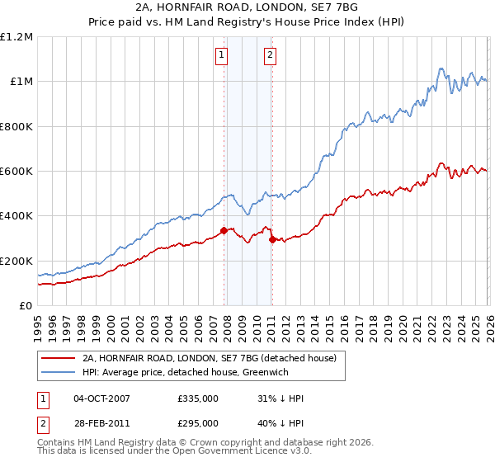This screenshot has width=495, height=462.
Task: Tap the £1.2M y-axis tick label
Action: pyautogui.click(x=16, y=37)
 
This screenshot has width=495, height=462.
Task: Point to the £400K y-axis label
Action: pyautogui.click(x=16, y=216)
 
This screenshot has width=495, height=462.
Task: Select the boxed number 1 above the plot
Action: pyautogui.click(x=222, y=55)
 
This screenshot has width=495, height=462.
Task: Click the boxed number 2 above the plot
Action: pyautogui.click(x=271, y=55)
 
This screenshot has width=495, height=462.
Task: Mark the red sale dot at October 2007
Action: pyautogui.click(x=223, y=231)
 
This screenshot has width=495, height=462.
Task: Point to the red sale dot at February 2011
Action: pyautogui.click(x=272, y=239)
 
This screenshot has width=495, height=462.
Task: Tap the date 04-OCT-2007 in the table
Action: pyautogui.click(x=101, y=398)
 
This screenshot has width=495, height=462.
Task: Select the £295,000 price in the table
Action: pyautogui.click(x=197, y=422)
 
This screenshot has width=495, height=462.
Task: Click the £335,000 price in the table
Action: pyautogui.click(x=197, y=398)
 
